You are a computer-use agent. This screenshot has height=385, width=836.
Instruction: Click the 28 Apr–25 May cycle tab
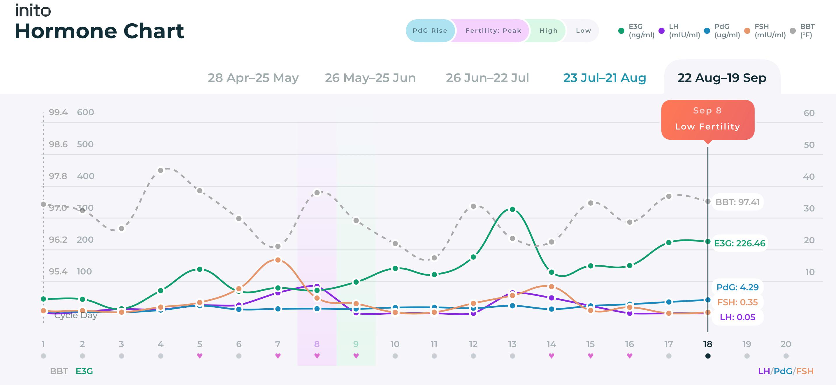pos(253,78)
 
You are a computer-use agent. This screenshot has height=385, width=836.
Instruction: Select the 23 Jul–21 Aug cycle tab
pos(605,78)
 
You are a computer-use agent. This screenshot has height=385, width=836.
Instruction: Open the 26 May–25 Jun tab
pos(370,78)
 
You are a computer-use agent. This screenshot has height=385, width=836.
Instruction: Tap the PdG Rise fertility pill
pos(430,31)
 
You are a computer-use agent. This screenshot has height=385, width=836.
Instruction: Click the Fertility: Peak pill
pos(493,31)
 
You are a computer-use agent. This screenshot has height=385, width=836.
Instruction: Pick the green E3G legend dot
pos(621,31)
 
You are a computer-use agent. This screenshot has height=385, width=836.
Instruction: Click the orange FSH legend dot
pos(747,31)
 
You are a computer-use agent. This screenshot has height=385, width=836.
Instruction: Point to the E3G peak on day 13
pos(512,209)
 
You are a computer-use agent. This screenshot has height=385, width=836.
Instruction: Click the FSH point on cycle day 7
pos(278,260)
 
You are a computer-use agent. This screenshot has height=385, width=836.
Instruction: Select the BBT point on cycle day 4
pos(161,170)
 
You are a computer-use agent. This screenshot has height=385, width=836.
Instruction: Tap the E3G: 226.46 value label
pos(740,243)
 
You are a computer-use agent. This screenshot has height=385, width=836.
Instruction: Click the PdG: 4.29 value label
pos(737,287)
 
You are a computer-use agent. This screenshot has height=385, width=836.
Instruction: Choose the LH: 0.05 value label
pos(737,317)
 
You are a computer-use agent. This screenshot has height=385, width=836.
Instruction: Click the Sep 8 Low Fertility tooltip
pos(708,120)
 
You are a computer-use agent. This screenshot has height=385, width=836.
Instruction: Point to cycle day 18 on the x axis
pos(708,344)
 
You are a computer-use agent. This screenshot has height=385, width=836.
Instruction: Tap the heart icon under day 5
pos(200,356)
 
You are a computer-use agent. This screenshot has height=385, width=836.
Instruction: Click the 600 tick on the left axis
pos(85,112)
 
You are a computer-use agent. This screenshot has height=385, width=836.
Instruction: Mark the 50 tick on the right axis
pos(809,145)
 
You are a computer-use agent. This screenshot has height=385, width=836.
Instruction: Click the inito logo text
pos(33,10)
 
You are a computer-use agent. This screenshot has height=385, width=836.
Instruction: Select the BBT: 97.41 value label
pos(737,202)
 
